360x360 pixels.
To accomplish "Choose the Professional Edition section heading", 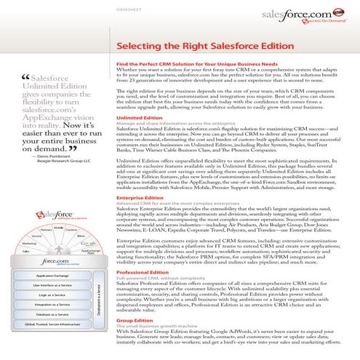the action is (x=144, y=271).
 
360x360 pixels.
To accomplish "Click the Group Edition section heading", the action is (x=135, y=319).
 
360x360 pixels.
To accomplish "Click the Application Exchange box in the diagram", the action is (x=52, y=276).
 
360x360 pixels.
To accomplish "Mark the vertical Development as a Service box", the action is (x=97, y=300).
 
